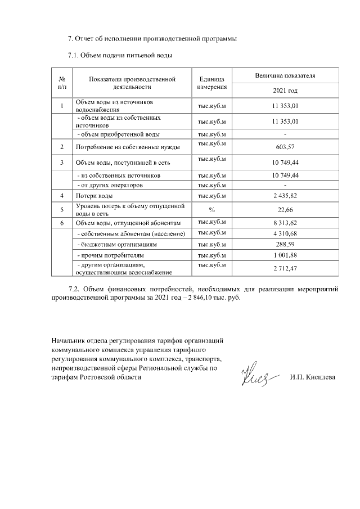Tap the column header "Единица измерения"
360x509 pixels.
[x=212, y=83]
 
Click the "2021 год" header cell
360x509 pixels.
[x=285, y=91]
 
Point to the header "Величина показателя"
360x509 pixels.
[x=285, y=75]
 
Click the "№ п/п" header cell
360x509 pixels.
[x=61, y=83]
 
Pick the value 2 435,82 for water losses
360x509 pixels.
[x=285, y=196]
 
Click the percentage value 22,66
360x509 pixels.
[x=285, y=210]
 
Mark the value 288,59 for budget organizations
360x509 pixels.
[x=285, y=245]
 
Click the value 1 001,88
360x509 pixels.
[x=285, y=256]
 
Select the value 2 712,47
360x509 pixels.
[x=285, y=269]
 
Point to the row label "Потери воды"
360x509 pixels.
[x=94, y=196]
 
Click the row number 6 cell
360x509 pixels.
[x=61, y=223]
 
